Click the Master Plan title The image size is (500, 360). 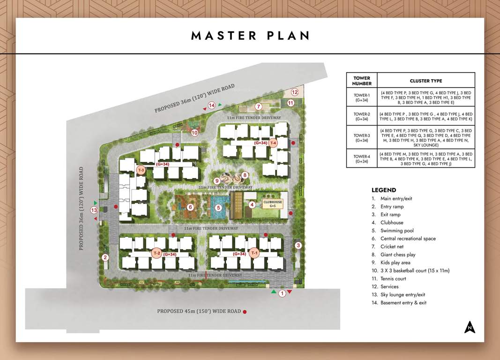(250, 36)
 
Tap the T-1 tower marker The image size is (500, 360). (254, 253)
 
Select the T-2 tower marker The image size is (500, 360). (157, 253)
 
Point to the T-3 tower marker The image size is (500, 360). (141, 170)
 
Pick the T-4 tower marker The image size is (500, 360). (273, 143)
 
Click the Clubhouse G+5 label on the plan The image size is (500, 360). (273, 204)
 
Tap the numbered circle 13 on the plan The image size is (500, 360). (94, 210)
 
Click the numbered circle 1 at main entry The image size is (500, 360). (282, 293)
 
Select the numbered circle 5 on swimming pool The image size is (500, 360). (218, 208)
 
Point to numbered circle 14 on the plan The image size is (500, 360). (212, 105)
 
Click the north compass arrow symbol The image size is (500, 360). (470, 327)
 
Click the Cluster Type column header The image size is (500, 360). (425, 81)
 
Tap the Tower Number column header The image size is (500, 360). (362, 81)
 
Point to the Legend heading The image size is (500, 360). (384, 190)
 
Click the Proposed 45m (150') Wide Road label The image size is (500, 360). (199, 311)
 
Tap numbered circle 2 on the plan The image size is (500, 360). (105, 257)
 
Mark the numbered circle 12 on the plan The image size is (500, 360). (295, 92)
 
